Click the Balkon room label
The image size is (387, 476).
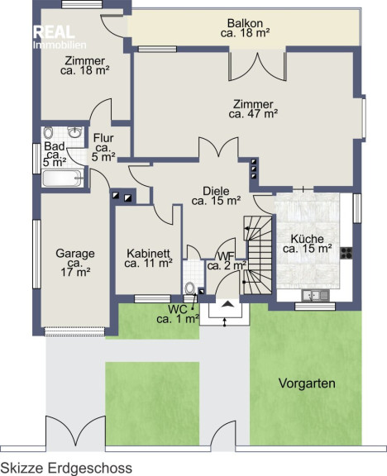[x=246, y=28]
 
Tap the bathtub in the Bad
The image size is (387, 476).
[x=62, y=178]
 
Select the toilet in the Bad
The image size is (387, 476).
[x=48, y=133]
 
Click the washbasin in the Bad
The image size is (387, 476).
[x=74, y=132]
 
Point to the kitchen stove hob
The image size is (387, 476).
[x=346, y=253]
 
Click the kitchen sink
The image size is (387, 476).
[x=315, y=295]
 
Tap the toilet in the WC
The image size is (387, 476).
[x=190, y=288]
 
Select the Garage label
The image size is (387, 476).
[x=75, y=263]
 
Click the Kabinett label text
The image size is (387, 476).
[x=149, y=258]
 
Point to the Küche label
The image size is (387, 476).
[x=307, y=244]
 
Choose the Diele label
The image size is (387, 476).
[x=217, y=196]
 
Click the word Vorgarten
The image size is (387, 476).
[x=307, y=383]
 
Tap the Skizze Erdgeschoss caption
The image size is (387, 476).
[x=66, y=468]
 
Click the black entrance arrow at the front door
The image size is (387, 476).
[x=228, y=303]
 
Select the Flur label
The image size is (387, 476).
[x=103, y=148]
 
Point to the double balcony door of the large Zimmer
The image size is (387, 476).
[x=258, y=66]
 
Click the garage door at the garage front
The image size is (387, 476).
[x=74, y=331]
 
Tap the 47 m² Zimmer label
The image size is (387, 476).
[x=253, y=109]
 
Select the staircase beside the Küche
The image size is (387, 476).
[x=258, y=255]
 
